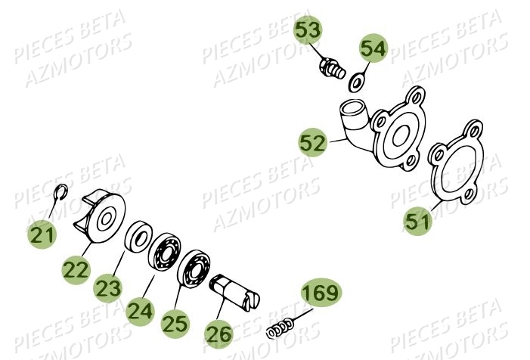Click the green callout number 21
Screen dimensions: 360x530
43,235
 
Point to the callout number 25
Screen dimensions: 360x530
174,324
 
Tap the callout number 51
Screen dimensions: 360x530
417,222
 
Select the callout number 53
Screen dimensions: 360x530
308,31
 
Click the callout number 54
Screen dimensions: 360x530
372,49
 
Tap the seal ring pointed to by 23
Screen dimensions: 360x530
138,237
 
